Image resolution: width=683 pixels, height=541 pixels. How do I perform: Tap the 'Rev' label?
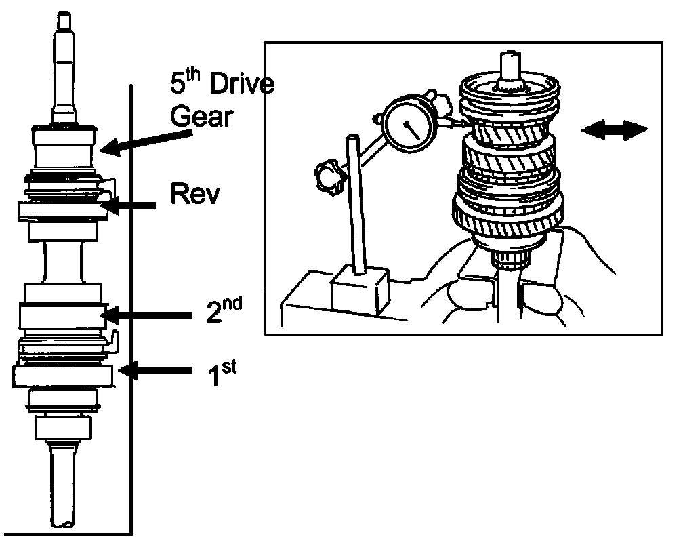click(x=194, y=194)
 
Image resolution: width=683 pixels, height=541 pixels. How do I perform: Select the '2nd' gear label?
click(x=224, y=310)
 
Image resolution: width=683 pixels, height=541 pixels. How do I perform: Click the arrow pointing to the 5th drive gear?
click(x=146, y=142)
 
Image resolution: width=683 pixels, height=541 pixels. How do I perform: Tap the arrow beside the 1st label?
click(x=156, y=371)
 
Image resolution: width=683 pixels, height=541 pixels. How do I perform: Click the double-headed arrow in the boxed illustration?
click(x=615, y=130)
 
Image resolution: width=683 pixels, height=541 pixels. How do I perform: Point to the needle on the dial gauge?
click(x=412, y=129)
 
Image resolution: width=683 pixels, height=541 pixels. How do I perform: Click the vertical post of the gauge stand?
click(x=354, y=205)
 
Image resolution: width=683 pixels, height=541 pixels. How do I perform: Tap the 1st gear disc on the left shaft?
click(x=63, y=376)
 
